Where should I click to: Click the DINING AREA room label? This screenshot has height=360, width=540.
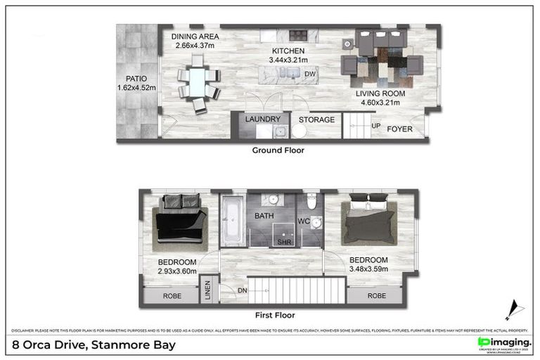[196, 37]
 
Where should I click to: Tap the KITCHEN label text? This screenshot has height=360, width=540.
[289, 51]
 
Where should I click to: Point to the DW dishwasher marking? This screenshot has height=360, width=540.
[310, 72]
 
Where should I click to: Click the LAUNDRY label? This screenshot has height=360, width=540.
[263, 120]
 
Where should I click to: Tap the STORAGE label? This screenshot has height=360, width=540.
[316, 120]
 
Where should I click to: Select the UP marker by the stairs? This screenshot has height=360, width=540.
[376, 127]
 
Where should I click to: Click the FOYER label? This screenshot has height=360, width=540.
[400, 129]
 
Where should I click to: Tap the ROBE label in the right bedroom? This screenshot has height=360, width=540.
[377, 296]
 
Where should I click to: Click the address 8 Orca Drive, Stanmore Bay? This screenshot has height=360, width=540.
[94, 345]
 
